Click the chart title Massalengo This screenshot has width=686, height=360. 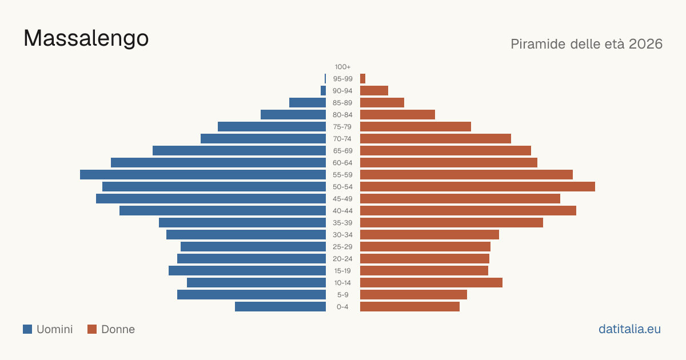click(x=86, y=39)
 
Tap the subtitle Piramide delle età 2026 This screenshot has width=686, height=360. click(x=587, y=44)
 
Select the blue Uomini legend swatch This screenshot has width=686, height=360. click(x=27, y=329)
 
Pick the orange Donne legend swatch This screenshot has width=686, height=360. click(x=92, y=329)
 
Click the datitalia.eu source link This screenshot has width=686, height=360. click(x=629, y=329)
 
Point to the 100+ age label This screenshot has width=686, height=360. click(x=342, y=67)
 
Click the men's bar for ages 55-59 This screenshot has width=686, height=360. click(x=203, y=174)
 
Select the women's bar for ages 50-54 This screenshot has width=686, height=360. click(x=477, y=187)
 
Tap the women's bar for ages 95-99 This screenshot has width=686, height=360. click(x=362, y=79)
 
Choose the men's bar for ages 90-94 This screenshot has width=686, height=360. click(x=323, y=91)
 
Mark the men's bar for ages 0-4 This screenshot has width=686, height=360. click(x=280, y=307)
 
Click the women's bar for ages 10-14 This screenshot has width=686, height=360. click(x=431, y=282)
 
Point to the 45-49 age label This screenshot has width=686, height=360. click(x=342, y=199)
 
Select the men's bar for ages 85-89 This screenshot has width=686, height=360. click(x=308, y=102)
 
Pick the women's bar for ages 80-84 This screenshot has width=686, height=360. click(x=397, y=114)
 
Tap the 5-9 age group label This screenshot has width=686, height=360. click(x=342, y=295)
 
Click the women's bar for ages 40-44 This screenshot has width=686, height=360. click(x=468, y=211)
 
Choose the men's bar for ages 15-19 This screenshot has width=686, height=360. click(x=247, y=271)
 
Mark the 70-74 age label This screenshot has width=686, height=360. click(x=342, y=139)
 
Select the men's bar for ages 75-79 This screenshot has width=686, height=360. click(x=272, y=127)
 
